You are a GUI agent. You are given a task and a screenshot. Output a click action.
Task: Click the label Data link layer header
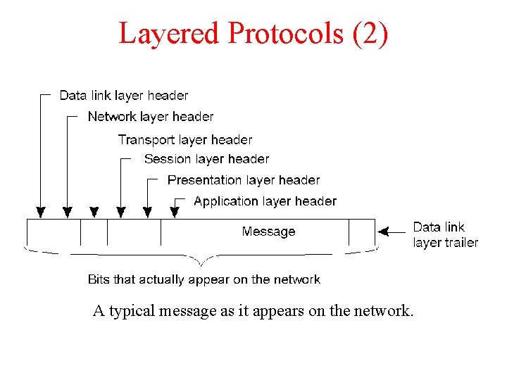point(124,95)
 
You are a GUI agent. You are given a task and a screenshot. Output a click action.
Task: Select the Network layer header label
point(151,116)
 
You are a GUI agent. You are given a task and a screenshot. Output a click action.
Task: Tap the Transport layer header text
point(184,139)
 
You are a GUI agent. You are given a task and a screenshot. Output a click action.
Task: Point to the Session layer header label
point(206,159)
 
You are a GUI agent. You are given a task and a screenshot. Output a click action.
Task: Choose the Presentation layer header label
point(244,180)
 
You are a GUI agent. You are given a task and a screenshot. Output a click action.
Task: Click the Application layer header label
point(265,201)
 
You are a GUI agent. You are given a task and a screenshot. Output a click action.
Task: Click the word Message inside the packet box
point(268,232)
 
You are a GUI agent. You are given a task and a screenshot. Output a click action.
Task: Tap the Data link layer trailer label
point(445,235)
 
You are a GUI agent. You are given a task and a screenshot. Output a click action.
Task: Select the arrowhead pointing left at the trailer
point(384,231)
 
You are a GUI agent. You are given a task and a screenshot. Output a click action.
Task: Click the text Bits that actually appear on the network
point(204,279)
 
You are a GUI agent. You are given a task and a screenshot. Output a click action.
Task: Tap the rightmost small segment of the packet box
point(361,232)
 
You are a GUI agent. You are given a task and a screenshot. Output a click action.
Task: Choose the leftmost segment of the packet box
point(54,232)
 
